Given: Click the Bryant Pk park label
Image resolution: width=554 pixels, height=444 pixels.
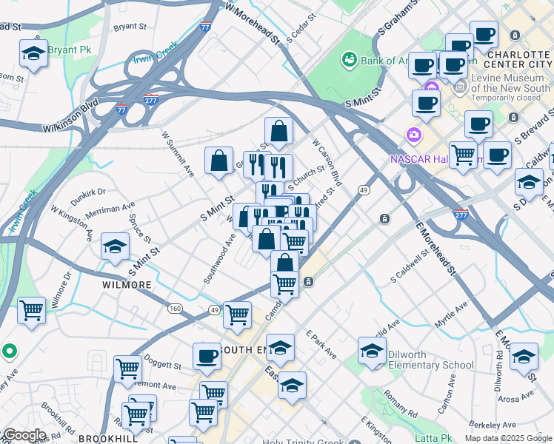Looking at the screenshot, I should (x=70, y=50).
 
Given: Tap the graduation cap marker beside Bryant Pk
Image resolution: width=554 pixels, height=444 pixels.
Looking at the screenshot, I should (x=33, y=54).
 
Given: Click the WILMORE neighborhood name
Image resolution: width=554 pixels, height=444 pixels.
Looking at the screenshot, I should (x=127, y=284).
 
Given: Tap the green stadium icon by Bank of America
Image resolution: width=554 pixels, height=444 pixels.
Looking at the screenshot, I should (x=348, y=58).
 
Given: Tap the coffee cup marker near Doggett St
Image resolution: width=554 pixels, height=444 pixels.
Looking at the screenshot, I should (x=207, y=356).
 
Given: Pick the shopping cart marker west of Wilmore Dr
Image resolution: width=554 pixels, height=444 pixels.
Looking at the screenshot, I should (x=31, y=311).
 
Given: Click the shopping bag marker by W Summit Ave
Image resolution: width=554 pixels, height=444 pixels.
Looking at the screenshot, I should (x=219, y=161).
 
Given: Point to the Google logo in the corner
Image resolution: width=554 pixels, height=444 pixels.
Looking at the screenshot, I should (x=24, y=435).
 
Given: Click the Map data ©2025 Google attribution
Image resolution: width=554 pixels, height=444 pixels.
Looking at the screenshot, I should (x=508, y=438).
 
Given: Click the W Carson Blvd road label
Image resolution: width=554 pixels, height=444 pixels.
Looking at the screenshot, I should (x=327, y=162).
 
